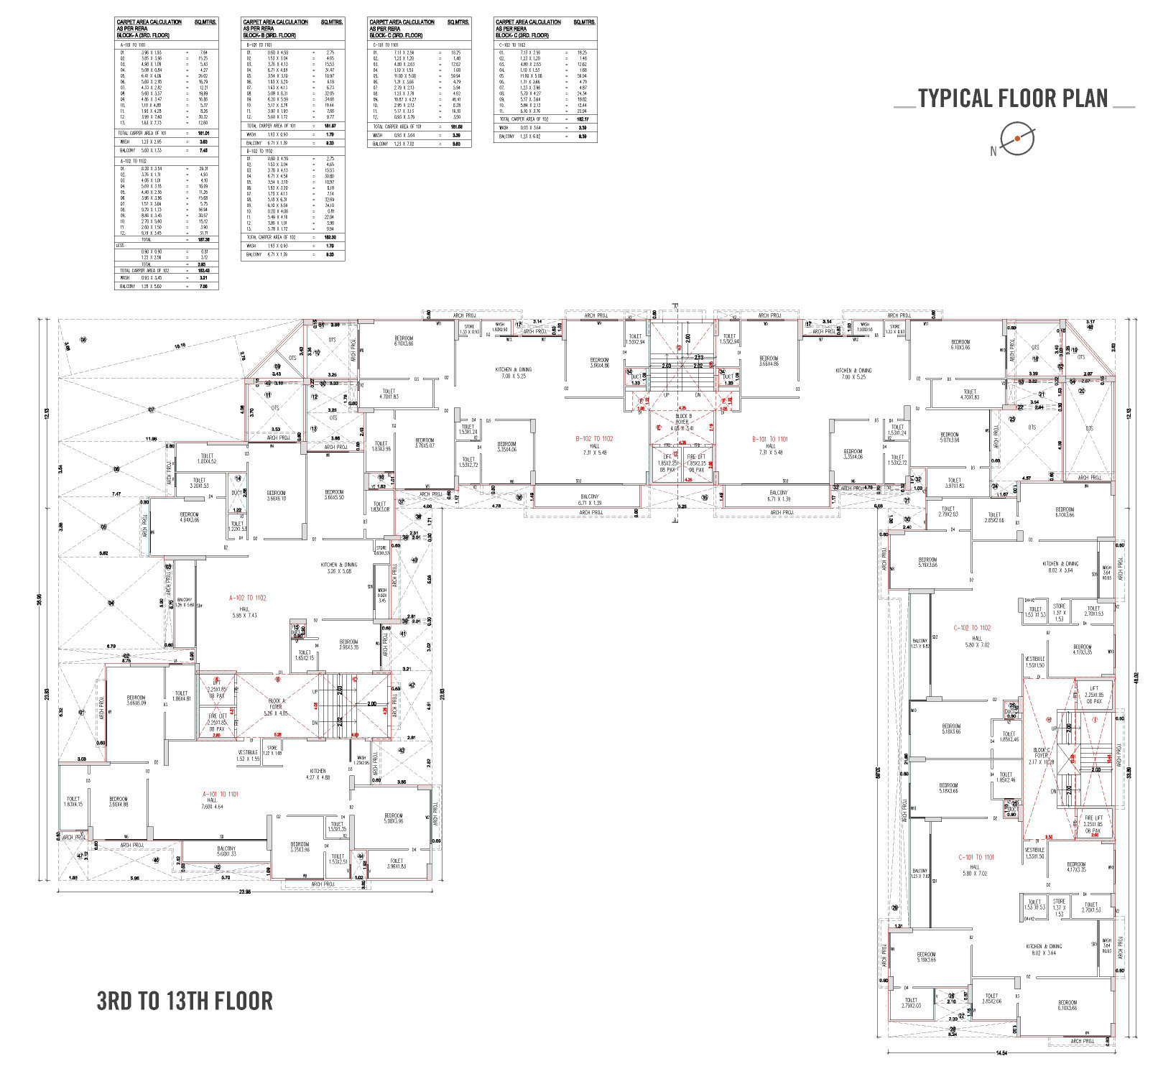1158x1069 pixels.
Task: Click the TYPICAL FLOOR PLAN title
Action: click(x=1013, y=98)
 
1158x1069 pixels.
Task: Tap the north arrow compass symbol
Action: click(x=1016, y=139)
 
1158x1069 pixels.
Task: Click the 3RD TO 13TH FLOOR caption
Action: click(x=185, y=1001)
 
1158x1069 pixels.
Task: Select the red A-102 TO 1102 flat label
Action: click(x=247, y=598)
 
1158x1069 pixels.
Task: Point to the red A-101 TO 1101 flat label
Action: click(x=221, y=794)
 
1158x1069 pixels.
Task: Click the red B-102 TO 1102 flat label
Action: click(x=594, y=438)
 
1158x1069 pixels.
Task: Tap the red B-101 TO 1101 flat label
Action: click(x=769, y=438)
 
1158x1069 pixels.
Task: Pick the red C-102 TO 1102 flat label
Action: click(x=972, y=628)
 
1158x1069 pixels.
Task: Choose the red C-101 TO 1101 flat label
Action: click(x=976, y=857)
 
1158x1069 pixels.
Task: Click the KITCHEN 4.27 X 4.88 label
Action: click(x=318, y=774)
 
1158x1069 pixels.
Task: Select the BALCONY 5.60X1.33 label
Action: click(x=226, y=851)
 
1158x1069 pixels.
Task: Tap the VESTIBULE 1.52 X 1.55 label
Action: click(x=248, y=755)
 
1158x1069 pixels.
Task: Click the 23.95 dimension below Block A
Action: click(x=245, y=892)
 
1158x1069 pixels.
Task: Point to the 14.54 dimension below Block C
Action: click(x=1001, y=1053)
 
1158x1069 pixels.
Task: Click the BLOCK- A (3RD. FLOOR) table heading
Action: click(x=144, y=35)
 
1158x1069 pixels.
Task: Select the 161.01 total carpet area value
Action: click(x=203, y=133)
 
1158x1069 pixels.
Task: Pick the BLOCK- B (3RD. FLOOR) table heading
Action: click(x=269, y=35)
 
